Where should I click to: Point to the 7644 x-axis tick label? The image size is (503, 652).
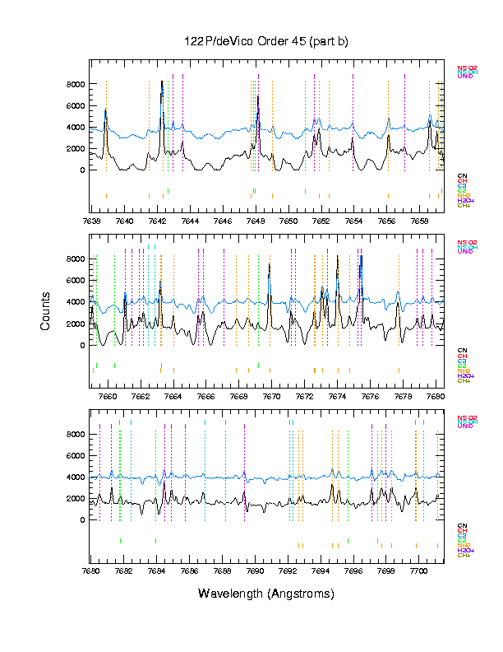coord(190,221)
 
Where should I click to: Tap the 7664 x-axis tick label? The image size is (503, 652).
coord(173,396)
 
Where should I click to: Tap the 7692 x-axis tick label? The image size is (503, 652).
coord(288,570)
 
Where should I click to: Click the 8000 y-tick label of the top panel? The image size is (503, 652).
coord(76,84)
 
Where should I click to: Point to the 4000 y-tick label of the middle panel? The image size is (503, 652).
coord(76,302)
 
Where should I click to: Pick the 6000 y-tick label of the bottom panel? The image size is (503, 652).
coord(76,456)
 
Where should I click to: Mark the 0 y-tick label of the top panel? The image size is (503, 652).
coord(81,170)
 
